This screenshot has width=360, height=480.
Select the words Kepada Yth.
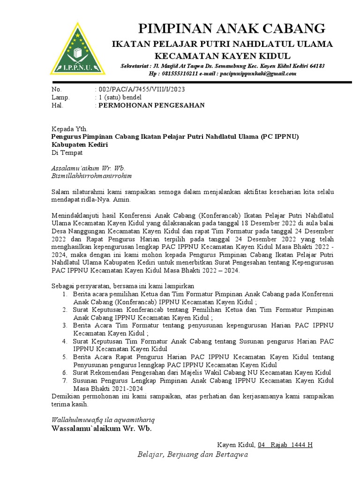[69, 128]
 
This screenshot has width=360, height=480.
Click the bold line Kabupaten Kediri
[79, 144]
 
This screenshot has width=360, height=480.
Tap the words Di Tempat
[67, 152]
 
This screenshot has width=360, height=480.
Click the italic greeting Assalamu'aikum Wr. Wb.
[88, 168]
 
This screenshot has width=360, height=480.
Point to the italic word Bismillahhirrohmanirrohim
[91, 176]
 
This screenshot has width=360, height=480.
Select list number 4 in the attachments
[65, 341]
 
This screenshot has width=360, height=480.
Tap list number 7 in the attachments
[65, 381]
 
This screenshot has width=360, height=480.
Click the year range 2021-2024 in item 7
[127, 389]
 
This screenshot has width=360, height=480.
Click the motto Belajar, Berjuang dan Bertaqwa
[192, 454]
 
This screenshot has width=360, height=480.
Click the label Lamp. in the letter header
[60, 97]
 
